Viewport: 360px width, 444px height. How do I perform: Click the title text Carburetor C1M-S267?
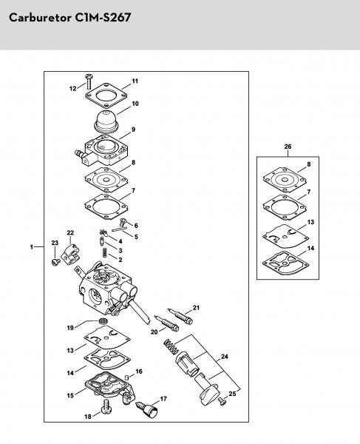[69, 18]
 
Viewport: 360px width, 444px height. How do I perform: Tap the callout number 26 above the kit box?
[288, 147]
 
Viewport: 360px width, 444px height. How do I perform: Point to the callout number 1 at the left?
[32, 247]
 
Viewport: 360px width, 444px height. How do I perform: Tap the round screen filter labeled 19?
[102, 322]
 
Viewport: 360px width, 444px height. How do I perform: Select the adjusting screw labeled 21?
[180, 316]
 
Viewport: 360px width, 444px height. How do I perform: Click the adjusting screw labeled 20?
[166, 323]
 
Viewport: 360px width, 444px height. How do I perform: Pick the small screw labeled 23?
[55, 262]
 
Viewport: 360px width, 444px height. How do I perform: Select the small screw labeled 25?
[223, 401]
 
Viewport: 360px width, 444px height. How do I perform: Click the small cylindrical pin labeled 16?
[127, 377]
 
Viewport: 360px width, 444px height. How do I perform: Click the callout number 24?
[224, 357]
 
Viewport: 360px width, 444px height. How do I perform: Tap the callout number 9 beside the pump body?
[133, 129]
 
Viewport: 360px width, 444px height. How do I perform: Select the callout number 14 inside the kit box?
[310, 248]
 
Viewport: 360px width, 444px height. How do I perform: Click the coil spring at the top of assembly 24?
[171, 346]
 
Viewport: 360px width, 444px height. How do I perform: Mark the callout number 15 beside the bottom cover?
[70, 395]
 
